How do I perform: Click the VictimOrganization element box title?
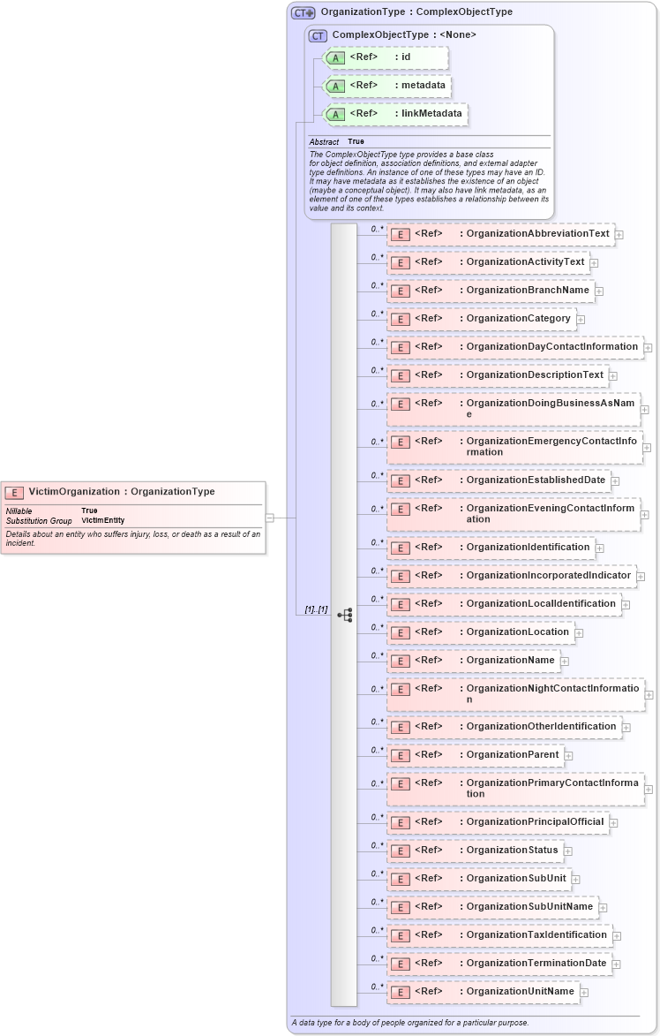pyautogui.click(x=121, y=492)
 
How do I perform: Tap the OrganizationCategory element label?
pyautogui.click(x=518, y=318)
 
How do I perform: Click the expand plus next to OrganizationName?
pyautogui.click(x=565, y=662)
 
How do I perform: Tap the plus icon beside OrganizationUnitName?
pyautogui.click(x=584, y=993)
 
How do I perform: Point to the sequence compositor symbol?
pyautogui.click(x=345, y=615)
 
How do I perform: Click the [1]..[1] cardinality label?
pyautogui.click(x=316, y=609)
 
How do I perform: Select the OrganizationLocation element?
pyautogui.click(x=517, y=631)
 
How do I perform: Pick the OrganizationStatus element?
pyautogui.click(x=512, y=850)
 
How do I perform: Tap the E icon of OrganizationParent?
pyautogui.click(x=400, y=756)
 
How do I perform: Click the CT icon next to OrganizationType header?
pyautogui.click(x=304, y=12)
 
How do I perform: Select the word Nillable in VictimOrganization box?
pyautogui.click(x=19, y=510)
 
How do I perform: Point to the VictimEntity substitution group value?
pyautogui.click(x=103, y=520)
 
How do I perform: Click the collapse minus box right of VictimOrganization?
pyautogui.click(x=269, y=518)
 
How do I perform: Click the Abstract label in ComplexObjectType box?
pyautogui.click(x=324, y=141)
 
